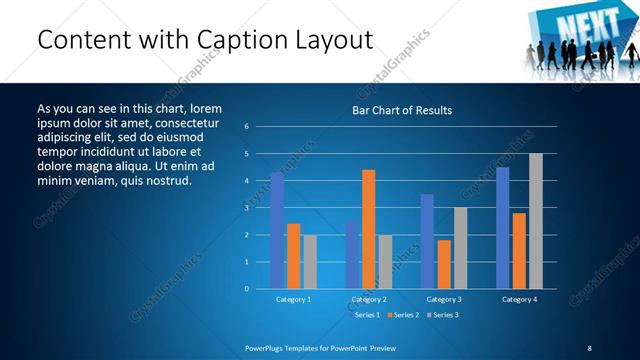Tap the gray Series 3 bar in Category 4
click(x=535, y=221)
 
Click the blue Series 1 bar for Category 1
click(x=277, y=230)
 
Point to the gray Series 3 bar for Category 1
click(x=310, y=261)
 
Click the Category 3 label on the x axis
click(x=444, y=299)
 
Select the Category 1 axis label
click(x=293, y=299)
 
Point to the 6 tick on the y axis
click(x=246, y=127)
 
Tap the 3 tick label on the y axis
click(x=246, y=208)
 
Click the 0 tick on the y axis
click(x=246, y=289)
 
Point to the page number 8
click(x=589, y=348)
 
